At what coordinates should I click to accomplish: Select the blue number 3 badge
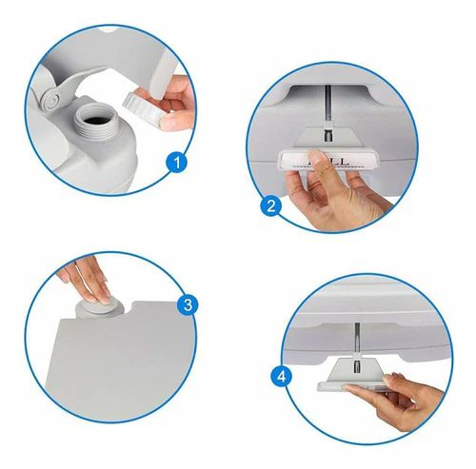(x=188, y=305)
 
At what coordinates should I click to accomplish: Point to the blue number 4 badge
(x=281, y=376)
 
